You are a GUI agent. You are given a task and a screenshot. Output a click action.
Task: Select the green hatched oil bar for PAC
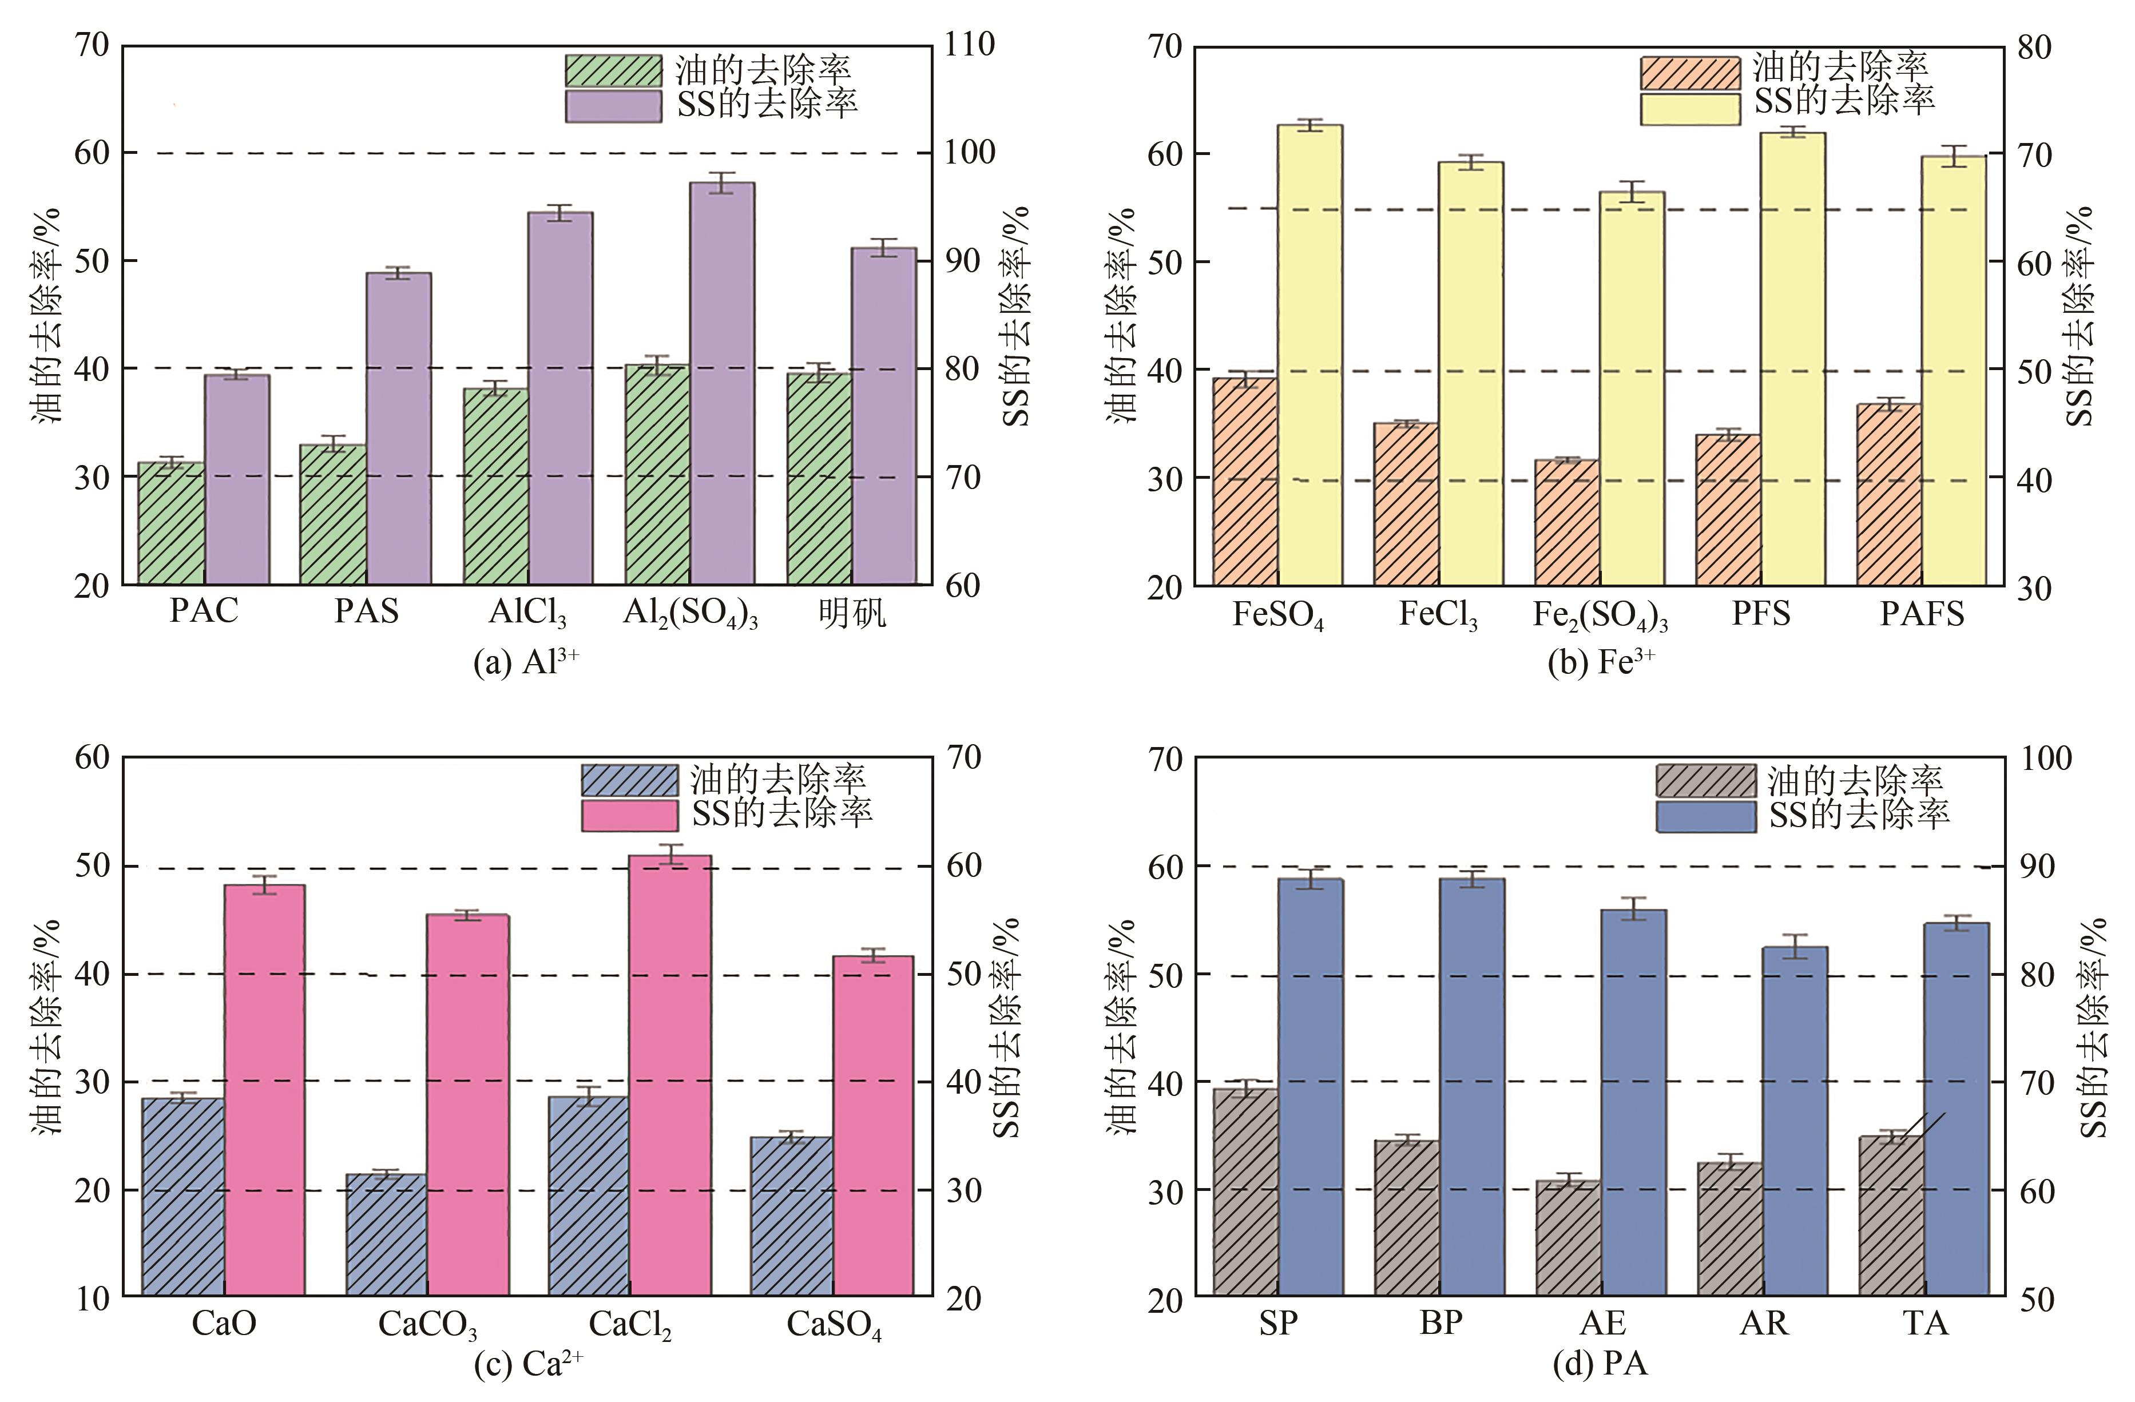pyautogui.click(x=172, y=524)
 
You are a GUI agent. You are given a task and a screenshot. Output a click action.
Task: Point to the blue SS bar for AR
pyautogui.click(x=1795, y=1121)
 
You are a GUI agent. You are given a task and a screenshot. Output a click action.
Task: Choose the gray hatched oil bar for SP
pyautogui.click(x=1245, y=1193)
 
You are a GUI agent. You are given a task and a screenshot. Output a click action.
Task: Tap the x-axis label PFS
pyautogui.click(x=1761, y=614)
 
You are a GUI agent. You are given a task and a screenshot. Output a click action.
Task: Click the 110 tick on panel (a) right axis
pyautogui.click(x=969, y=45)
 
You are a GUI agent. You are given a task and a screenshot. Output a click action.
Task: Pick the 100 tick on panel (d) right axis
pyautogui.click(x=2045, y=759)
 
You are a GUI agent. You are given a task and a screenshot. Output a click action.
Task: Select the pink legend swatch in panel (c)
pyautogui.click(x=630, y=815)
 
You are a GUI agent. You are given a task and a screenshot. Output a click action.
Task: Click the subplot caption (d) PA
pyautogui.click(x=1600, y=1364)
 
